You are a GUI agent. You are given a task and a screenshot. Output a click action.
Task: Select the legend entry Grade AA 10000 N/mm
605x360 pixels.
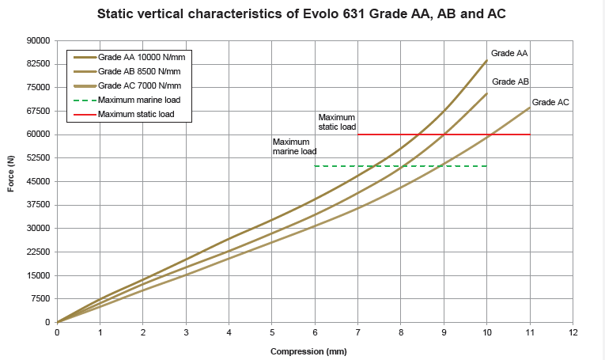click(x=139, y=57)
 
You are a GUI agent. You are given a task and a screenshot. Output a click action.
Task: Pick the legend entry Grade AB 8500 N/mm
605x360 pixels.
click(x=137, y=71)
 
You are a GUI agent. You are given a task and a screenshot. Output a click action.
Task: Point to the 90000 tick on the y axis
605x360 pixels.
click(x=39, y=40)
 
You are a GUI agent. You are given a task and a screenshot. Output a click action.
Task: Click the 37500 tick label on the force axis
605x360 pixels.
click(x=39, y=205)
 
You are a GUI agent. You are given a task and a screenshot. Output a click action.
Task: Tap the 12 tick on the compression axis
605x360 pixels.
click(x=573, y=332)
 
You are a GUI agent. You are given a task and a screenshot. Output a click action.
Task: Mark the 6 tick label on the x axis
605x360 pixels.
click(x=315, y=332)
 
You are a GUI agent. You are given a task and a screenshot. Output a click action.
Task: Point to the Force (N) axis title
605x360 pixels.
click(x=11, y=181)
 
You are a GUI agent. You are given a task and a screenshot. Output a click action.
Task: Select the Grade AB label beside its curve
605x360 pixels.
click(x=511, y=81)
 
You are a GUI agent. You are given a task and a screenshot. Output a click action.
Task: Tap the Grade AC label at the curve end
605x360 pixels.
click(x=550, y=102)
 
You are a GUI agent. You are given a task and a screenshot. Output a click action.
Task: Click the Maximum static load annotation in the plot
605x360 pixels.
click(x=337, y=122)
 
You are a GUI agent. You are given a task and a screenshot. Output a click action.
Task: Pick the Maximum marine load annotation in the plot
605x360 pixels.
click(x=294, y=146)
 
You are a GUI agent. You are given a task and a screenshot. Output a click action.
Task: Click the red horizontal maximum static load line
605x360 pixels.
click(x=443, y=135)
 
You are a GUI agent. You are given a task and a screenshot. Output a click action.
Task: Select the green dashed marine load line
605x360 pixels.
click(x=399, y=166)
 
